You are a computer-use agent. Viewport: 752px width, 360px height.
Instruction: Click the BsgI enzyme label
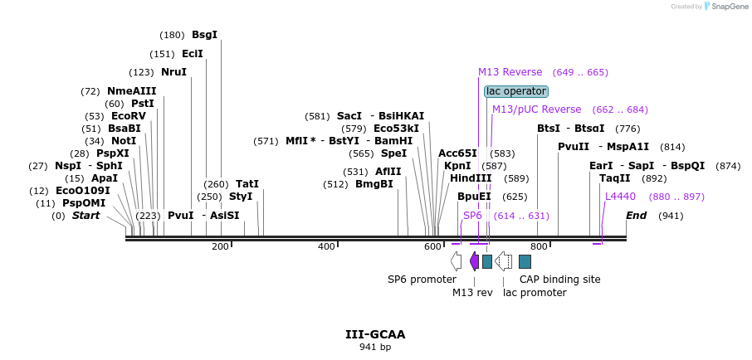(204, 35)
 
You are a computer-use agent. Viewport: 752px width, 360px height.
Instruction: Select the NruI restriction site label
(173, 72)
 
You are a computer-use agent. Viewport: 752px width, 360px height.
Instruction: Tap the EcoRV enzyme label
(128, 116)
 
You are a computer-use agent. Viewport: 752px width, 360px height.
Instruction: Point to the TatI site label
(247, 184)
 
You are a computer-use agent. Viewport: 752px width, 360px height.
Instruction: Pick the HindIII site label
(471, 178)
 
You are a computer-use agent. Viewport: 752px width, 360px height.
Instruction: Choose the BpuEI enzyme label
(474, 197)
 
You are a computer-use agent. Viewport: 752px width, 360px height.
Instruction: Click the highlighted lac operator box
(516, 91)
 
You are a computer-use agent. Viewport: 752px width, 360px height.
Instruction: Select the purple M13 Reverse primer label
(510, 72)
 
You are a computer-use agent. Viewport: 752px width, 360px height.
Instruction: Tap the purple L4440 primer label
(620, 197)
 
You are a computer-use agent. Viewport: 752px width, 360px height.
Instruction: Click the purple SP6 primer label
(472, 216)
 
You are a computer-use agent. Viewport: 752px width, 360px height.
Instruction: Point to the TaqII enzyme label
(614, 178)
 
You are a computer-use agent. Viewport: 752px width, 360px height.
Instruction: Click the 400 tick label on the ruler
(326, 246)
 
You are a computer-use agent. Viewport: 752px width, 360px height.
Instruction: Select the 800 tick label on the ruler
(539, 246)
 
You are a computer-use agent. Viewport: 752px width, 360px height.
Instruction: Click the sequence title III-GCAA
(375, 334)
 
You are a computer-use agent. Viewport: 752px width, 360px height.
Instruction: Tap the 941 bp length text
(375, 347)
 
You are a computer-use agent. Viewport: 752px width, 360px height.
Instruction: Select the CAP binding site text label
(559, 280)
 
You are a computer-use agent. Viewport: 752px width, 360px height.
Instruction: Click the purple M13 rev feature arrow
(474, 261)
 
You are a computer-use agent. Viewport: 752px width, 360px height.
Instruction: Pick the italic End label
(636, 216)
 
